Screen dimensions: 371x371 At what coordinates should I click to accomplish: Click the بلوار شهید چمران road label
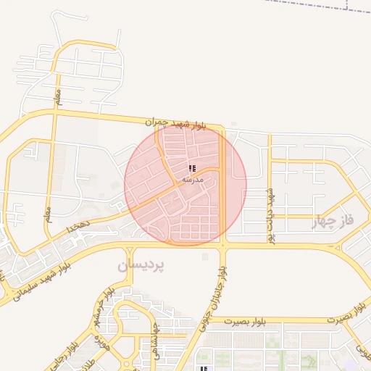(175, 124)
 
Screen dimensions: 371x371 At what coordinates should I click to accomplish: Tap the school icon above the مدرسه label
(192, 168)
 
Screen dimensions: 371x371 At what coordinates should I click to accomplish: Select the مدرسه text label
(192, 178)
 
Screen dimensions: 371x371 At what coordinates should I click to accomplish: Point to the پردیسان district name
(141, 265)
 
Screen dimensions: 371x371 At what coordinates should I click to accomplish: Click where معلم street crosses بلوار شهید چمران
(54, 111)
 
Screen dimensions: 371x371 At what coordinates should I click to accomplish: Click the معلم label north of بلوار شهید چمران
(58, 94)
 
